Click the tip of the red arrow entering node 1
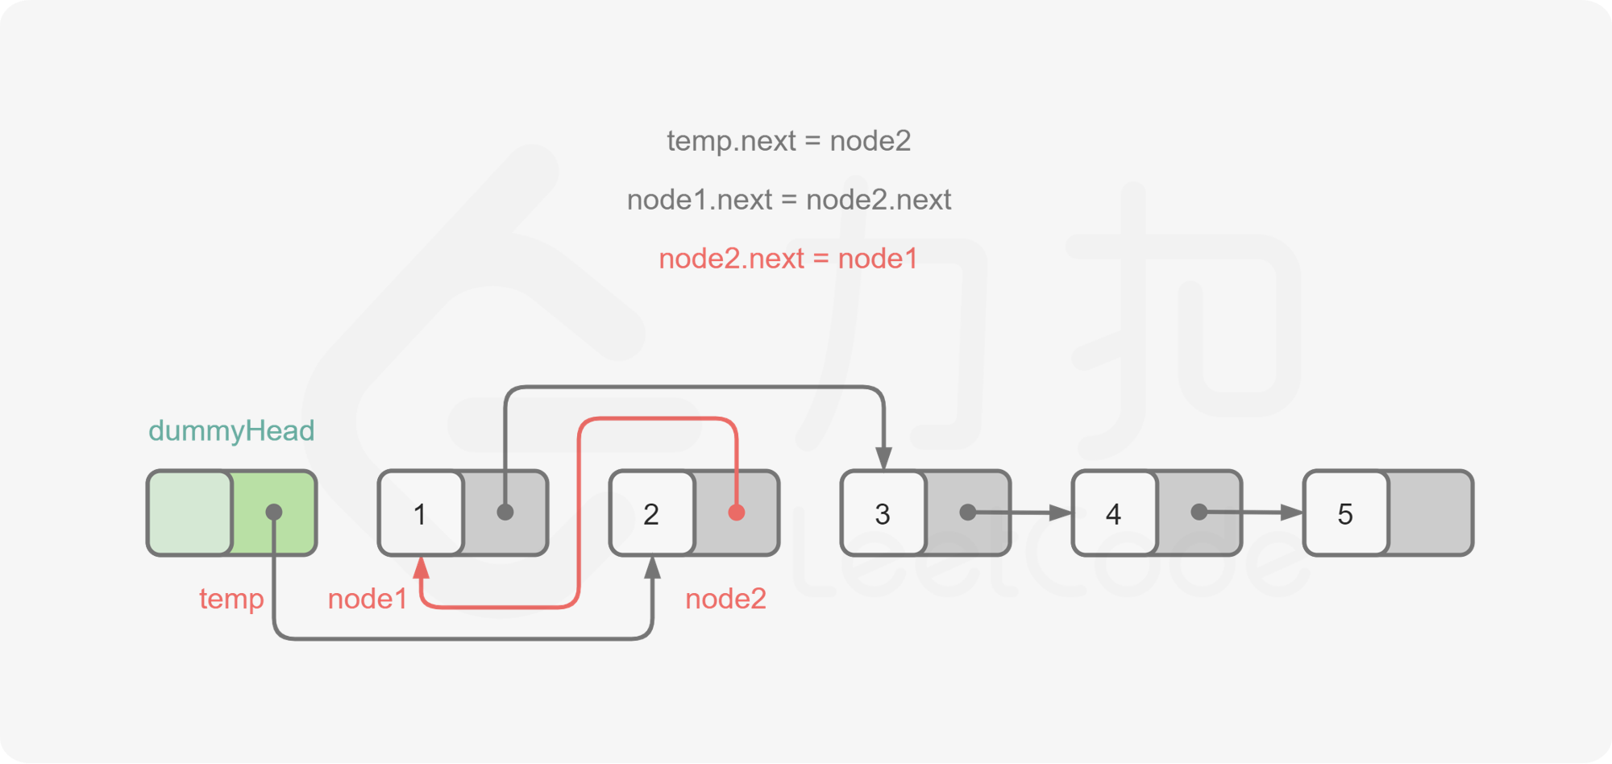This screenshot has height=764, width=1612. (x=421, y=556)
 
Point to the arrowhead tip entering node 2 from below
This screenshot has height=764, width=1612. (x=653, y=556)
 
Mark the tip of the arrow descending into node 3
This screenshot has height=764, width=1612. (x=883, y=470)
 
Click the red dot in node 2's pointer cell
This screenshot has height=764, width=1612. (x=736, y=513)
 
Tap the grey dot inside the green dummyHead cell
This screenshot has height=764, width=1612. (x=274, y=512)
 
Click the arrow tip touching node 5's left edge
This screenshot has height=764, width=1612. (x=1303, y=513)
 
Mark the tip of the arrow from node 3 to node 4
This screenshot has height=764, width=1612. (x=1072, y=513)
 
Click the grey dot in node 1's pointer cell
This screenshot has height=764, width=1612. (x=505, y=512)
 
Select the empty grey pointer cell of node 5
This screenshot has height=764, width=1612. (x=1430, y=513)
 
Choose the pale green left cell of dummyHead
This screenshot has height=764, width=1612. (x=190, y=513)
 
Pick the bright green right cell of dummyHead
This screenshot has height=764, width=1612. (x=274, y=513)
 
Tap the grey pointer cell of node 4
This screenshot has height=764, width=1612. (x=1199, y=513)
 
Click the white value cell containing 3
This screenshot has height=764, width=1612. (x=883, y=513)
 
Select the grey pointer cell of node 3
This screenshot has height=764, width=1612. (x=967, y=513)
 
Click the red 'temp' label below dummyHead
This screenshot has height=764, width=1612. (x=231, y=599)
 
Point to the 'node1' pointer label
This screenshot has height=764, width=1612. (x=368, y=599)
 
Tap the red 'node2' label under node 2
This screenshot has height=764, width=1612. (x=725, y=599)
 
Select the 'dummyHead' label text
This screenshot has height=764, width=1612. (x=231, y=431)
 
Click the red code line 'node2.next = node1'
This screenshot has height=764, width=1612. (x=788, y=259)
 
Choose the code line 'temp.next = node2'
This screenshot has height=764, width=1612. (x=789, y=141)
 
